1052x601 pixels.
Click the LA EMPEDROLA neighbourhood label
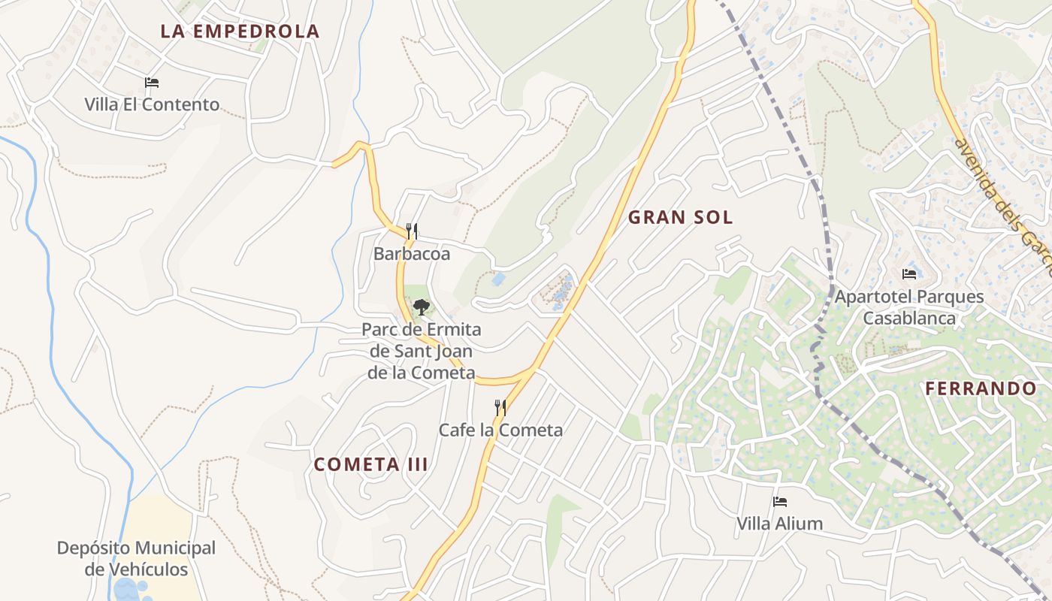(240, 32)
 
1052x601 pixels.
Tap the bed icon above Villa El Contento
(152, 82)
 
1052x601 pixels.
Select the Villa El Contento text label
(152, 104)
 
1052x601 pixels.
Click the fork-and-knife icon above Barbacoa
(412, 231)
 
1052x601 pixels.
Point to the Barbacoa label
(412, 254)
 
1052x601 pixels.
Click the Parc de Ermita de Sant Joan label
(422, 351)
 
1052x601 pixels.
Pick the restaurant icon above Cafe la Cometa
(500, 407)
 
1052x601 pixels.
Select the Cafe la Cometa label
(500, 430)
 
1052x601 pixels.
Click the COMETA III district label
(371, 464)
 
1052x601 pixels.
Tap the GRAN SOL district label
(680, 218)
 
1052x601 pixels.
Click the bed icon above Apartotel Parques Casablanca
(909, 273)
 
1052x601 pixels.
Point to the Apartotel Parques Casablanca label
(909, 307)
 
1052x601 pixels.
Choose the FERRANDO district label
(981, 388)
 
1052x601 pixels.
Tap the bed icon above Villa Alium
(779, 501)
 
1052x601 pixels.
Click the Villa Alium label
(779, 524)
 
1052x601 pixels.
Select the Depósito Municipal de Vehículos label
(136, 558)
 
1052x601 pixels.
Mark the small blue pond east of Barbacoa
(497, 279)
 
